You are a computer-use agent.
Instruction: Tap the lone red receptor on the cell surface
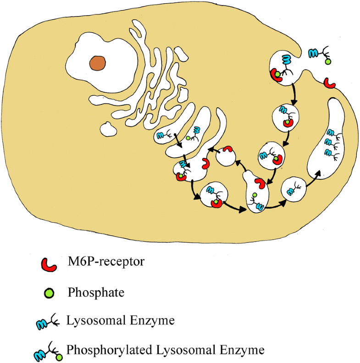pyautogui.click(x=329, y=83)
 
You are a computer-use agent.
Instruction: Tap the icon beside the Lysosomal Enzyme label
pyautogui.click(x=50, y=322)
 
